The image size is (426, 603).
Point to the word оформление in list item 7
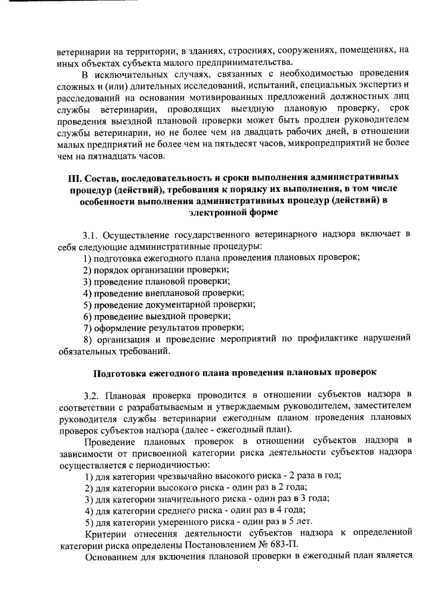118,327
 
